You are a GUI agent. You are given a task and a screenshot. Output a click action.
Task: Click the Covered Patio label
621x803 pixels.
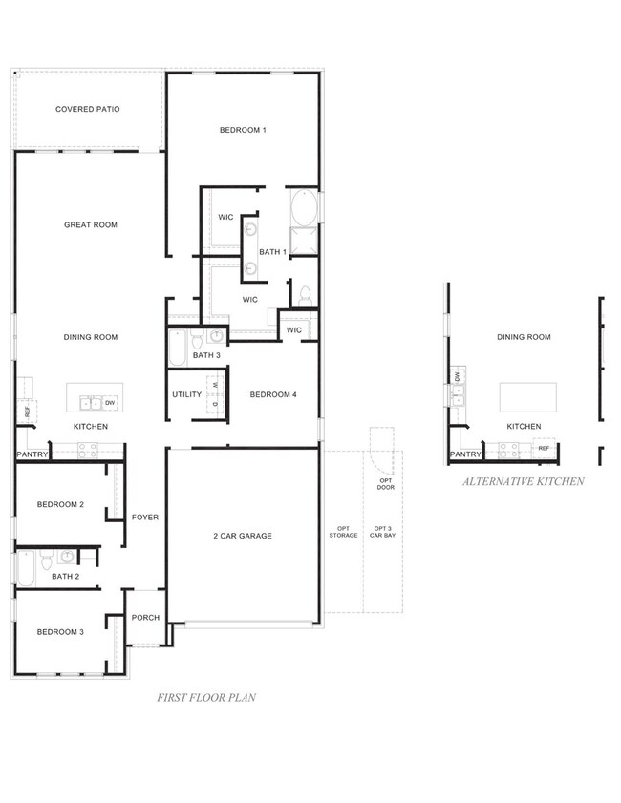pos(88,109)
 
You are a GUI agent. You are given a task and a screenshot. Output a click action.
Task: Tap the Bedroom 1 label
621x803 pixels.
pos(243,130)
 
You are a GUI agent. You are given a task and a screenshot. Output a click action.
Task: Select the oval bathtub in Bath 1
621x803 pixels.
pos(305,207)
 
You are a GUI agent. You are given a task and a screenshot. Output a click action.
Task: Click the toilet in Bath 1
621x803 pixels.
pos(305,297)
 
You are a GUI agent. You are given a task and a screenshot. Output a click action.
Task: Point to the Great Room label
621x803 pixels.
pos(91,224)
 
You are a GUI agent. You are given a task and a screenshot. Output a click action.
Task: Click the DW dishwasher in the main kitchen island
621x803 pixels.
pos(110,403)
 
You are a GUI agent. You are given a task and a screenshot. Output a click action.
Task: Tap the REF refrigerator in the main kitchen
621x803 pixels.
pos(27,412)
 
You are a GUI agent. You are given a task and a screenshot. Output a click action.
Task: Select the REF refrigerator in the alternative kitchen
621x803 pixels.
pos(544,448)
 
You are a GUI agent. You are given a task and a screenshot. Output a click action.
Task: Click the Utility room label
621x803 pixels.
pos(187,394)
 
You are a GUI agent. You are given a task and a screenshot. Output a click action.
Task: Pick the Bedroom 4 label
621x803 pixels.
pos(273,394)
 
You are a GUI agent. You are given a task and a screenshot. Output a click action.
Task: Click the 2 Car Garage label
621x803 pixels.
pos(243,536)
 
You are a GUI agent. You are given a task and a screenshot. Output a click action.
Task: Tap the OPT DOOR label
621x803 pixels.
pos(386,484)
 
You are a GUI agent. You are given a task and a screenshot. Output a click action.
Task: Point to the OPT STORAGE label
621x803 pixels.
pos(343,532)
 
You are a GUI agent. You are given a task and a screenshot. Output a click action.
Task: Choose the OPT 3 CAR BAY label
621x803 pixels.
pos(383,532)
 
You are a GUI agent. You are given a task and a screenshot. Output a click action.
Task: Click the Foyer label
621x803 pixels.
pos(145,518)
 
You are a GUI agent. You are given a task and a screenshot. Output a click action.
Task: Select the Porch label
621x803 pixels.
pos(145,618)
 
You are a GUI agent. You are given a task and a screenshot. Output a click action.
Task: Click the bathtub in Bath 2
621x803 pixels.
pos(26,568)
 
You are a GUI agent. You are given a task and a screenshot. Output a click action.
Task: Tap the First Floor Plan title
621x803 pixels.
pos(206,698)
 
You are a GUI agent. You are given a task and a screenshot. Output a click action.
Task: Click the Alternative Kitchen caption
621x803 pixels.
pos(524,481)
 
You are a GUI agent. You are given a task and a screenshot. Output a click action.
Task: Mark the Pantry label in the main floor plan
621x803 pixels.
pos(32,454)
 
